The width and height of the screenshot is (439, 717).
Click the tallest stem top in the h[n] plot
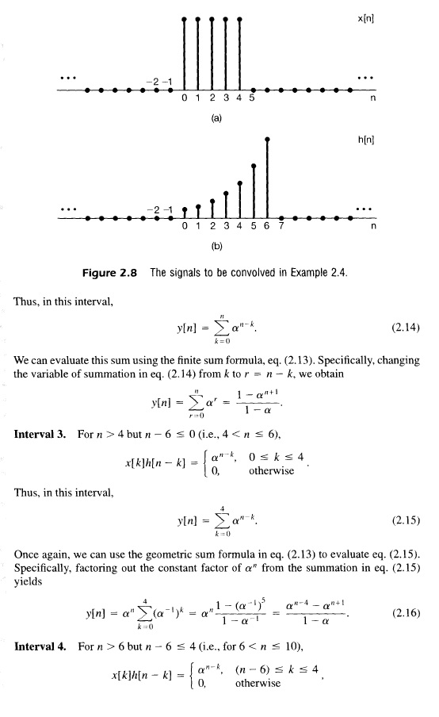tap(268, 139)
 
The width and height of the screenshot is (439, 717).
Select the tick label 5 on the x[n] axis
tap(252, 98)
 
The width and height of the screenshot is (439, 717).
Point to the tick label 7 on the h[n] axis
tap(281, 226)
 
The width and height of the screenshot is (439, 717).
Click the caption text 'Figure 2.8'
tap(111, 274)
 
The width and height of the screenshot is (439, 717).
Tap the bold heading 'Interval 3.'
tap(42, 435)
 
